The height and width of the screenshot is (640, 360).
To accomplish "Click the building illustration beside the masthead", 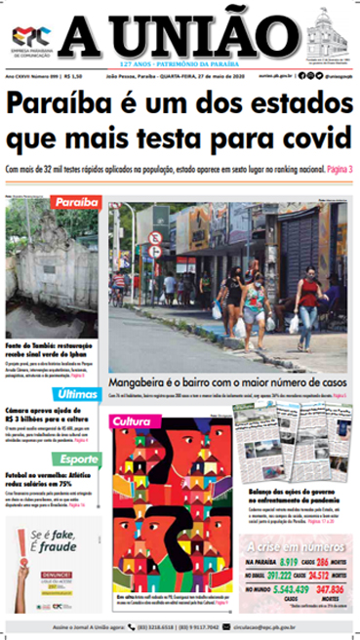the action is click(327, 36).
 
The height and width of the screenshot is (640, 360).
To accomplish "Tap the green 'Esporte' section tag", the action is click(76, 459).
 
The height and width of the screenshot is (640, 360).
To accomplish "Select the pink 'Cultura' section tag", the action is click(131, 421).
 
